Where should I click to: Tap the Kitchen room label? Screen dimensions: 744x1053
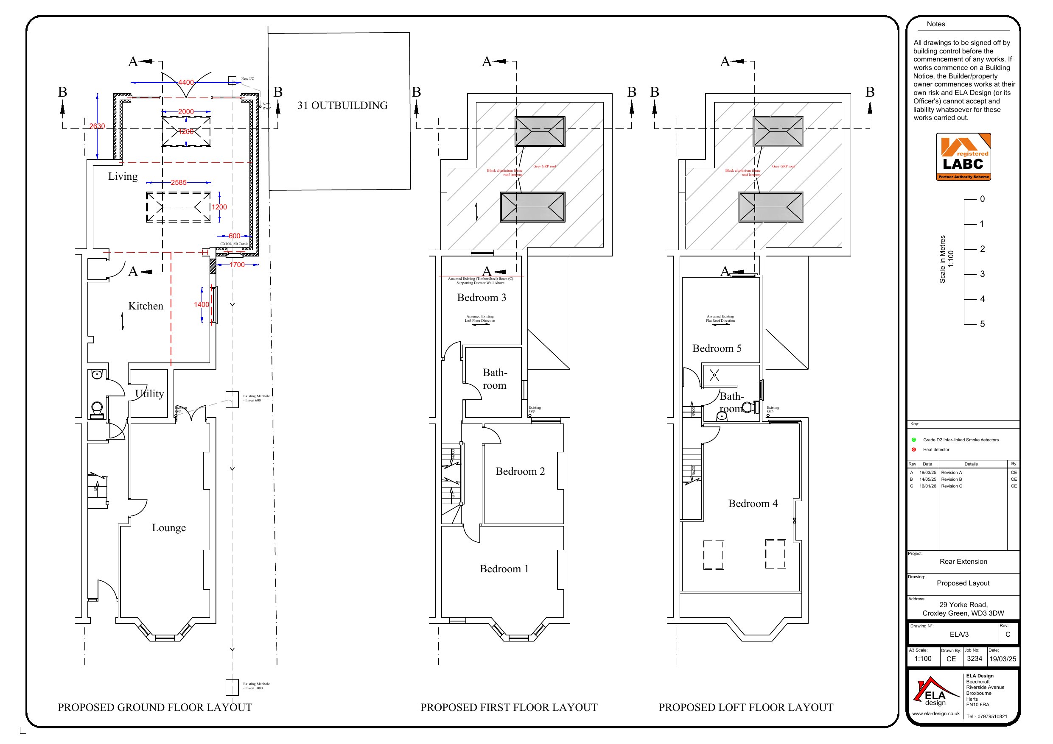[x=146, y=306]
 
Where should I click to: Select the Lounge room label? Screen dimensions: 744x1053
[x=169, y=528]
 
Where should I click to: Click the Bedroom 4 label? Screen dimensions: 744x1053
[x=753, y=503]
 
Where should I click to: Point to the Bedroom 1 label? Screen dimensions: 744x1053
[x=504, y=569]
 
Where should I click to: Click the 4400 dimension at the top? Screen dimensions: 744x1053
[x=186, y=83]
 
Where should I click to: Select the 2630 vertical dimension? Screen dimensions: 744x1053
[x=97, y=126]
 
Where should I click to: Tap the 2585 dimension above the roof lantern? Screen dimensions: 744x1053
[x=179, y=182]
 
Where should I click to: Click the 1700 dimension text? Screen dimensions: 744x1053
[x=237, y=265]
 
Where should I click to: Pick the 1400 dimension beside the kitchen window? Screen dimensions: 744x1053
[x=202, y=304]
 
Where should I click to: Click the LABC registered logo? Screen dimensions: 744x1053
[x=963, y=157]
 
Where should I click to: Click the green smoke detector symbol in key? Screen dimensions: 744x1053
[x=913, y=440]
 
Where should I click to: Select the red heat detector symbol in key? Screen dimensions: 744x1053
[x=913, y=450]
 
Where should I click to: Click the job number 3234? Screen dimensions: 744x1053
[x=974, y=659]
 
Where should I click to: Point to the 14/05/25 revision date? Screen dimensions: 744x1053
[x=927, y=479]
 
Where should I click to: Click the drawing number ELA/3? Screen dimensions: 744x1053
[x=959, y=635]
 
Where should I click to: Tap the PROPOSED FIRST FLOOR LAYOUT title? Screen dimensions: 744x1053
[x=509, y=707]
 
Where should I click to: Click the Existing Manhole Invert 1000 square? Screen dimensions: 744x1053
[x=232, y=687]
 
